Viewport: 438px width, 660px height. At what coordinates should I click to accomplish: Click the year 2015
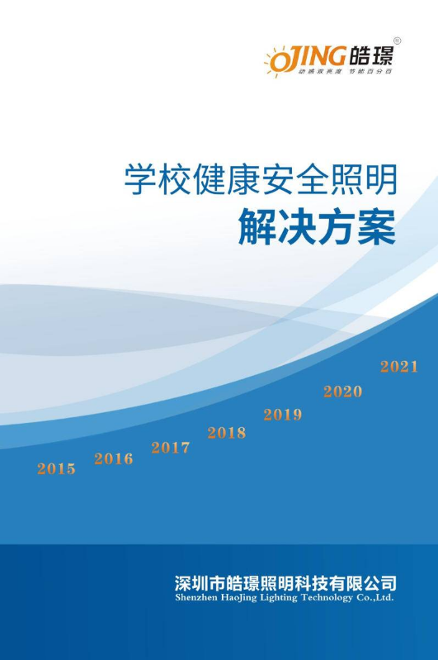56,468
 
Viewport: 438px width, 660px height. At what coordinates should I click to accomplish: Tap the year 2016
114,458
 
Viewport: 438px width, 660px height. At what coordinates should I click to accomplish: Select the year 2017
170,448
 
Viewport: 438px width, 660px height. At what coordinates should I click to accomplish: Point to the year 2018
227,433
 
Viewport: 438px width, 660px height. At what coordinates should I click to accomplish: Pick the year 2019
283,415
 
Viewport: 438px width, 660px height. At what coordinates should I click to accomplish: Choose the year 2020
343,392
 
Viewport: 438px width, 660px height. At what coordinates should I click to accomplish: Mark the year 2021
399,367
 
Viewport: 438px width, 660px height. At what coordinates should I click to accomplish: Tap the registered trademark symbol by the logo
397,40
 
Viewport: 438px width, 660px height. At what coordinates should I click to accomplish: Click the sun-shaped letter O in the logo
277,62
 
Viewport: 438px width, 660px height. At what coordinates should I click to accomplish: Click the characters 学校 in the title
158,179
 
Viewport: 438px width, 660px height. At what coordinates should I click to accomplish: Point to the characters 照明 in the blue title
364,179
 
